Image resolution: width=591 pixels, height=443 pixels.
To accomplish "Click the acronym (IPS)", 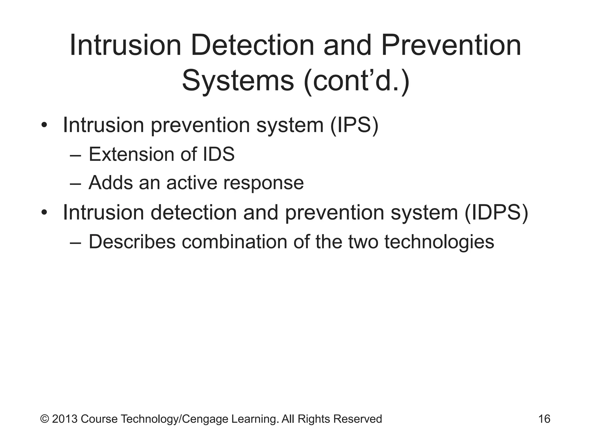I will [x=354, y=125].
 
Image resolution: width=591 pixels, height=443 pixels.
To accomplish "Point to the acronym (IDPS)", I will [x=496, y=213].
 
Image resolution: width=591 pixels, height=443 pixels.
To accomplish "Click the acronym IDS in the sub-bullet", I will [x=219, y=154].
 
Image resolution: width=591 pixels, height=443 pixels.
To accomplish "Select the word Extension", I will [x=131, y=154].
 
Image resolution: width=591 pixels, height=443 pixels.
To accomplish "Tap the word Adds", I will [x=111, y=183].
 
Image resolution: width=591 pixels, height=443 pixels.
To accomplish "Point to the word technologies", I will [x=439, y=242].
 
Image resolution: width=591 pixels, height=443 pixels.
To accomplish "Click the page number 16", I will [x=544, y=419].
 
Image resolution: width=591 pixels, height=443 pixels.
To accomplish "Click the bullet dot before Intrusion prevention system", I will [x=44, y=126].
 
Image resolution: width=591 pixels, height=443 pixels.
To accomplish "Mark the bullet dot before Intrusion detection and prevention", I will [x=44, y=213].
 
